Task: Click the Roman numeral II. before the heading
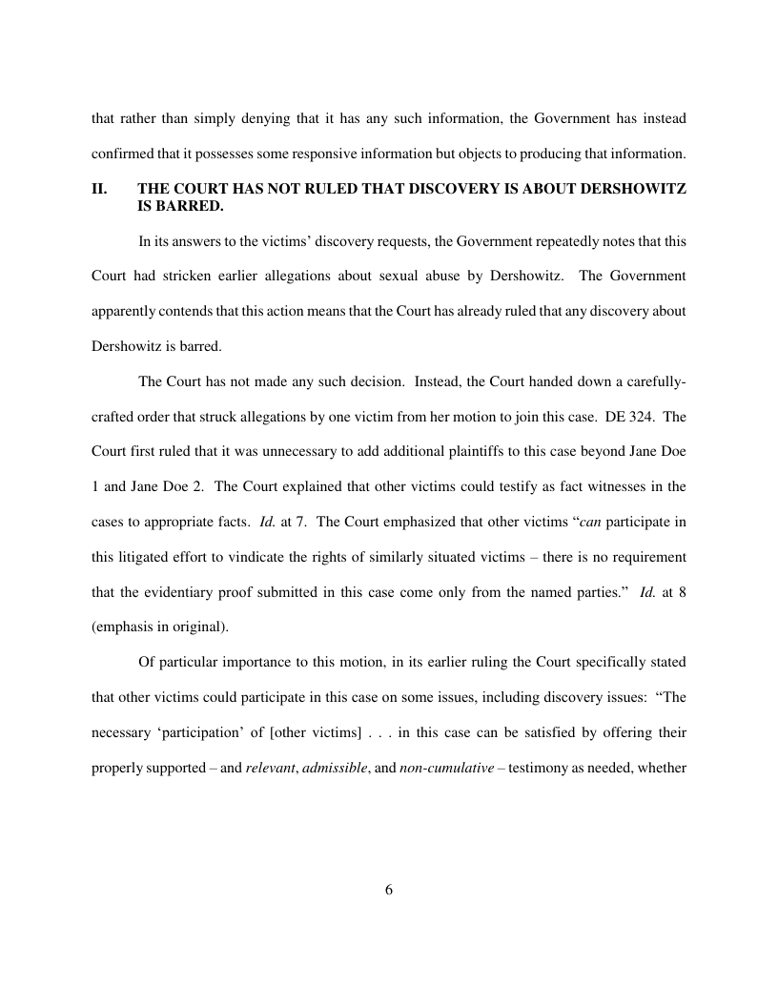click(x=98, y=189)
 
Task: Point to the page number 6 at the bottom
click(x=389, y=890)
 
